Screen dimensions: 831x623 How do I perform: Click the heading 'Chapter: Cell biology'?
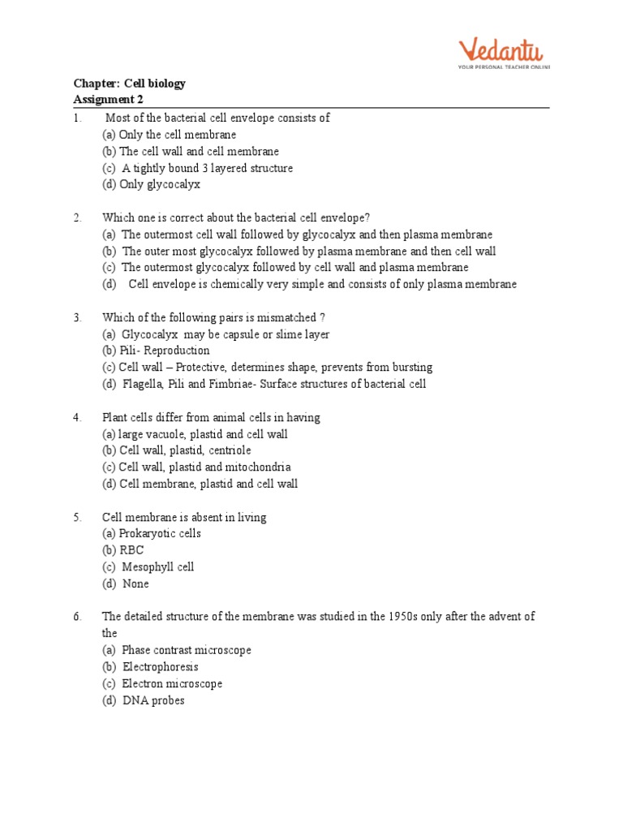[129, 84]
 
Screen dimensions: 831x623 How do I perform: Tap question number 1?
[77, 118]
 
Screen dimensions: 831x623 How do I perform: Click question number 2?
[77, 217]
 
